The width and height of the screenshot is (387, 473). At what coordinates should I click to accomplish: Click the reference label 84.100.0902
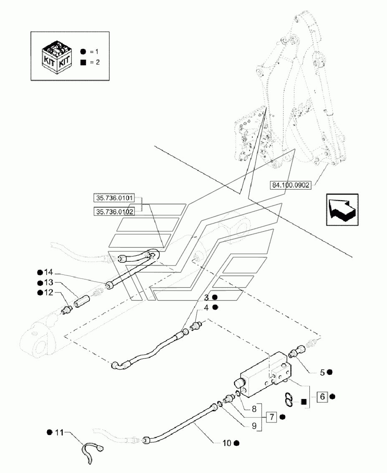(x=290, y=185)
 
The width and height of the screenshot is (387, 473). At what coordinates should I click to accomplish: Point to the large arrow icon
(x=342, y=209)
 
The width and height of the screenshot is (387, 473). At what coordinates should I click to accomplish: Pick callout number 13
(x=50, y=282)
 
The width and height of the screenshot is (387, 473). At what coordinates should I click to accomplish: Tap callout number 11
(x=60, y=432)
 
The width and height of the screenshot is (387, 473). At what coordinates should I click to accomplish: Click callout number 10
(x=227, y=443)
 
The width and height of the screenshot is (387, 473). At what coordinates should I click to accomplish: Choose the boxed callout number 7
(x=272, y=416)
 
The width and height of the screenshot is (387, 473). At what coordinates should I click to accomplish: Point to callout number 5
(x=322, y=372)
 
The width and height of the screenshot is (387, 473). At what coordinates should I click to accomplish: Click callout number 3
(x=206, y=298)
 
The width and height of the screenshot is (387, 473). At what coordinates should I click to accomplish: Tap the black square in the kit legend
(x=83, y=63)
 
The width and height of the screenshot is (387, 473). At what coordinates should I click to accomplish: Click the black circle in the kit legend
(x=83, y=51)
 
